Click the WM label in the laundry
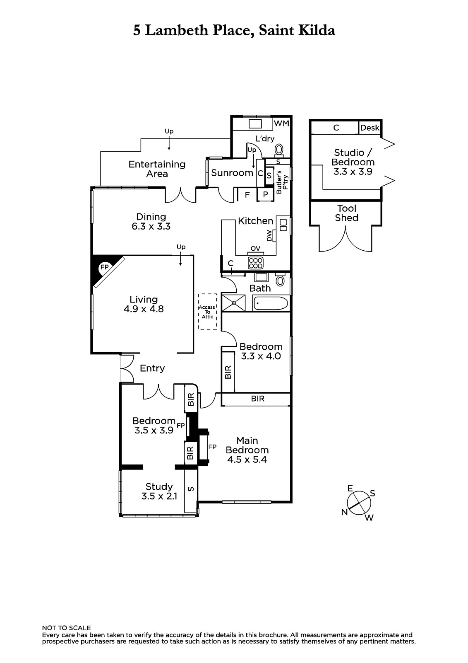pyautogui.click(x=281, y=123)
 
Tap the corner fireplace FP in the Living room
pyautogui.click(x=104, y=267)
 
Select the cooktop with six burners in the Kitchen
pyautogui.click(x=256, y=263)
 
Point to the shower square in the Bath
pyautogui.click(x=233, y=303)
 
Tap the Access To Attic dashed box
pyautogui.click(x=208, y=312)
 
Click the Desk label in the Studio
pyautogui.click(x=370, y=128)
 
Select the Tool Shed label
pyautogui.click(x=346, y=213)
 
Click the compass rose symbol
pyautogui.click(x=359, y=503)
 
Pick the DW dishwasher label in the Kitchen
pyautogui.click(x=269, y=236)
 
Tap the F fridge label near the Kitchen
pyautogui.click(x=247, y=195)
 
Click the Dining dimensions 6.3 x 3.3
pyautogui.click(x=151, y=226)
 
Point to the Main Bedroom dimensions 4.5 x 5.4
pyautogui.click(x=247, y=460)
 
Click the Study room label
pyautogui.click(x=159, y=487)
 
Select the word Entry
pyautogui.click(x=152, y=368)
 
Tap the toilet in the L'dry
pyautogui.click(x=279, y=150)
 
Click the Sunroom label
pyautogui.click(x=232, y=173)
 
